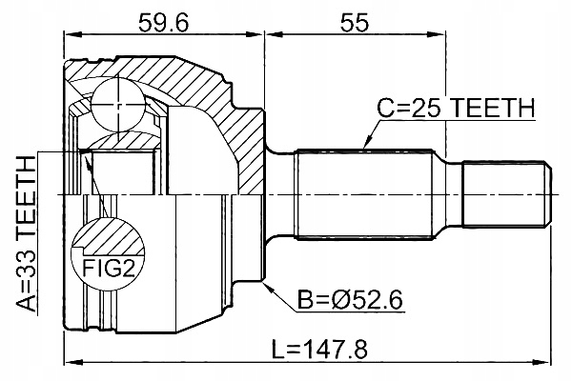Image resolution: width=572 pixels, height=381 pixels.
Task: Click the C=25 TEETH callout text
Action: click(455, 111)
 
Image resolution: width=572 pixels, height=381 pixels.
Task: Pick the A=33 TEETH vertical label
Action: click(28, 233)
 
